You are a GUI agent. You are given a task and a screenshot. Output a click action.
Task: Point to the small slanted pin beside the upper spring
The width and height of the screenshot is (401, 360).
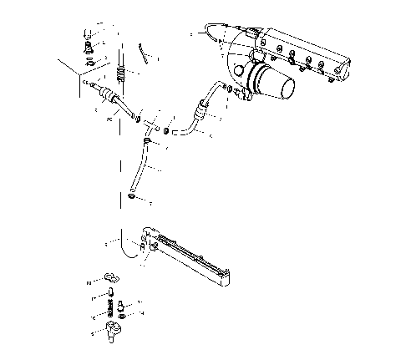point(145,55)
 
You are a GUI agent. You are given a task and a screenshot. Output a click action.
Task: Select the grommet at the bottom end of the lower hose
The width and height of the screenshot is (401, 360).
point(132,197)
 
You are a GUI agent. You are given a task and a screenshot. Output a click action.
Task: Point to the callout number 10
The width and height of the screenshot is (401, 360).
point(89,283)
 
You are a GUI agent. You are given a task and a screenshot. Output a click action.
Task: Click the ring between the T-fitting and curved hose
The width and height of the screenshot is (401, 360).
point(168,130)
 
